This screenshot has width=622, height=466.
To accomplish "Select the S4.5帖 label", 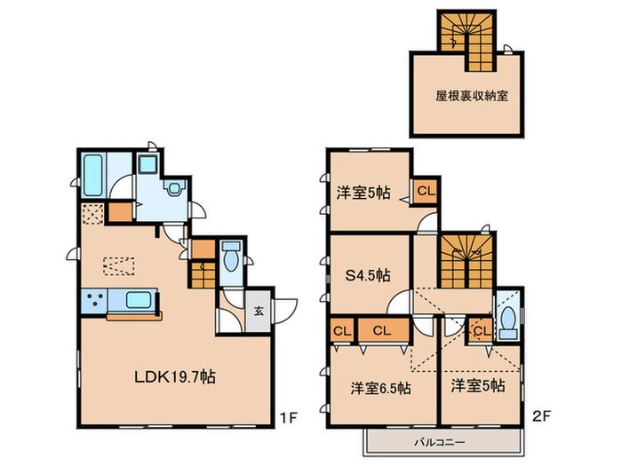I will click(x=366, y=275).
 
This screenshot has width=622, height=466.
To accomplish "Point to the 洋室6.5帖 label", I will click(x=379, y=387).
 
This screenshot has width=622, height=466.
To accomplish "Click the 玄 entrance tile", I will click(x=259, y=311).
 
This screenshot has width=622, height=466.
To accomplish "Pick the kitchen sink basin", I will click(x=137, y=301).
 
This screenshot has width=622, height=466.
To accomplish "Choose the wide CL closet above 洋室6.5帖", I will click(x=383, y=330).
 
